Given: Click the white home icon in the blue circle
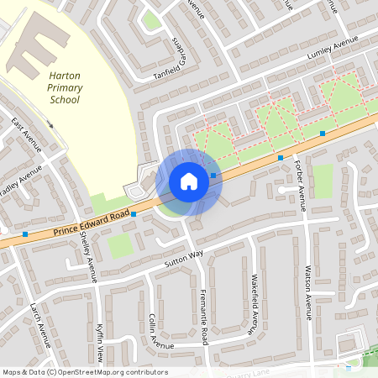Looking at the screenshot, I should pos(189,181).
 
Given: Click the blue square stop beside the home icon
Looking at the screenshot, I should pos(214,176).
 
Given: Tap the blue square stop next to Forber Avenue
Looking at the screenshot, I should pos(281,157).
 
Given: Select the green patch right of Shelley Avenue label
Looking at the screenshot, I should pos(120,245).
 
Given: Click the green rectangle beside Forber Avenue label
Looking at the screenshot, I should pos(323,181).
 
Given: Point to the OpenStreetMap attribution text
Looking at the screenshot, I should pos(84,372).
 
